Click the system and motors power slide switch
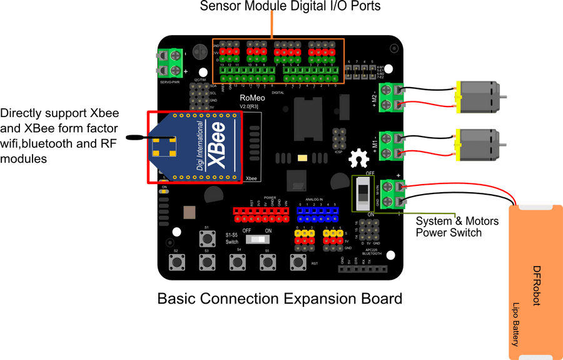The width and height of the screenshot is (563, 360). (362, 193)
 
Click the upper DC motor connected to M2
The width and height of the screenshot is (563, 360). (479, 96)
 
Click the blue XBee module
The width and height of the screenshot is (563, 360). (194, 148)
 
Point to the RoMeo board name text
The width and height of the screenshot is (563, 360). (251, 98)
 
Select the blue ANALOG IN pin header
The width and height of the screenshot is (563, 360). (318, 215)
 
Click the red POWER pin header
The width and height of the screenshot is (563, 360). (261, 215)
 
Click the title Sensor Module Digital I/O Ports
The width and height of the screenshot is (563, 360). (290, 7)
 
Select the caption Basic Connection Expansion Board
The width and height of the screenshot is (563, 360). (279, 299)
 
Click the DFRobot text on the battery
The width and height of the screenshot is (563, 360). (536, 285)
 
